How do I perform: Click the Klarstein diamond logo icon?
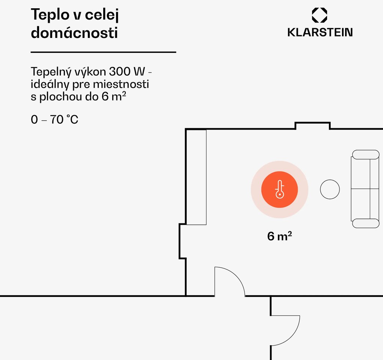pos(320,15)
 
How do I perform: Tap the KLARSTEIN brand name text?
pos(320,32)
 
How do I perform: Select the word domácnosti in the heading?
pos(74,33)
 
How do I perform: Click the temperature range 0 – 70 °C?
pos(54,120)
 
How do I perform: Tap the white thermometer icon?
pos(279,190)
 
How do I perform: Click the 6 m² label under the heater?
pos(279,236)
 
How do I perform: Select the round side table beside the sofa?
pos(330,190)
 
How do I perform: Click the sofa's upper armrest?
pos(365,155)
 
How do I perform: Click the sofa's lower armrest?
pos(365,223)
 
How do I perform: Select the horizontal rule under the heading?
pos(103,52)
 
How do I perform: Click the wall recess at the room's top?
pos(312,125)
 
